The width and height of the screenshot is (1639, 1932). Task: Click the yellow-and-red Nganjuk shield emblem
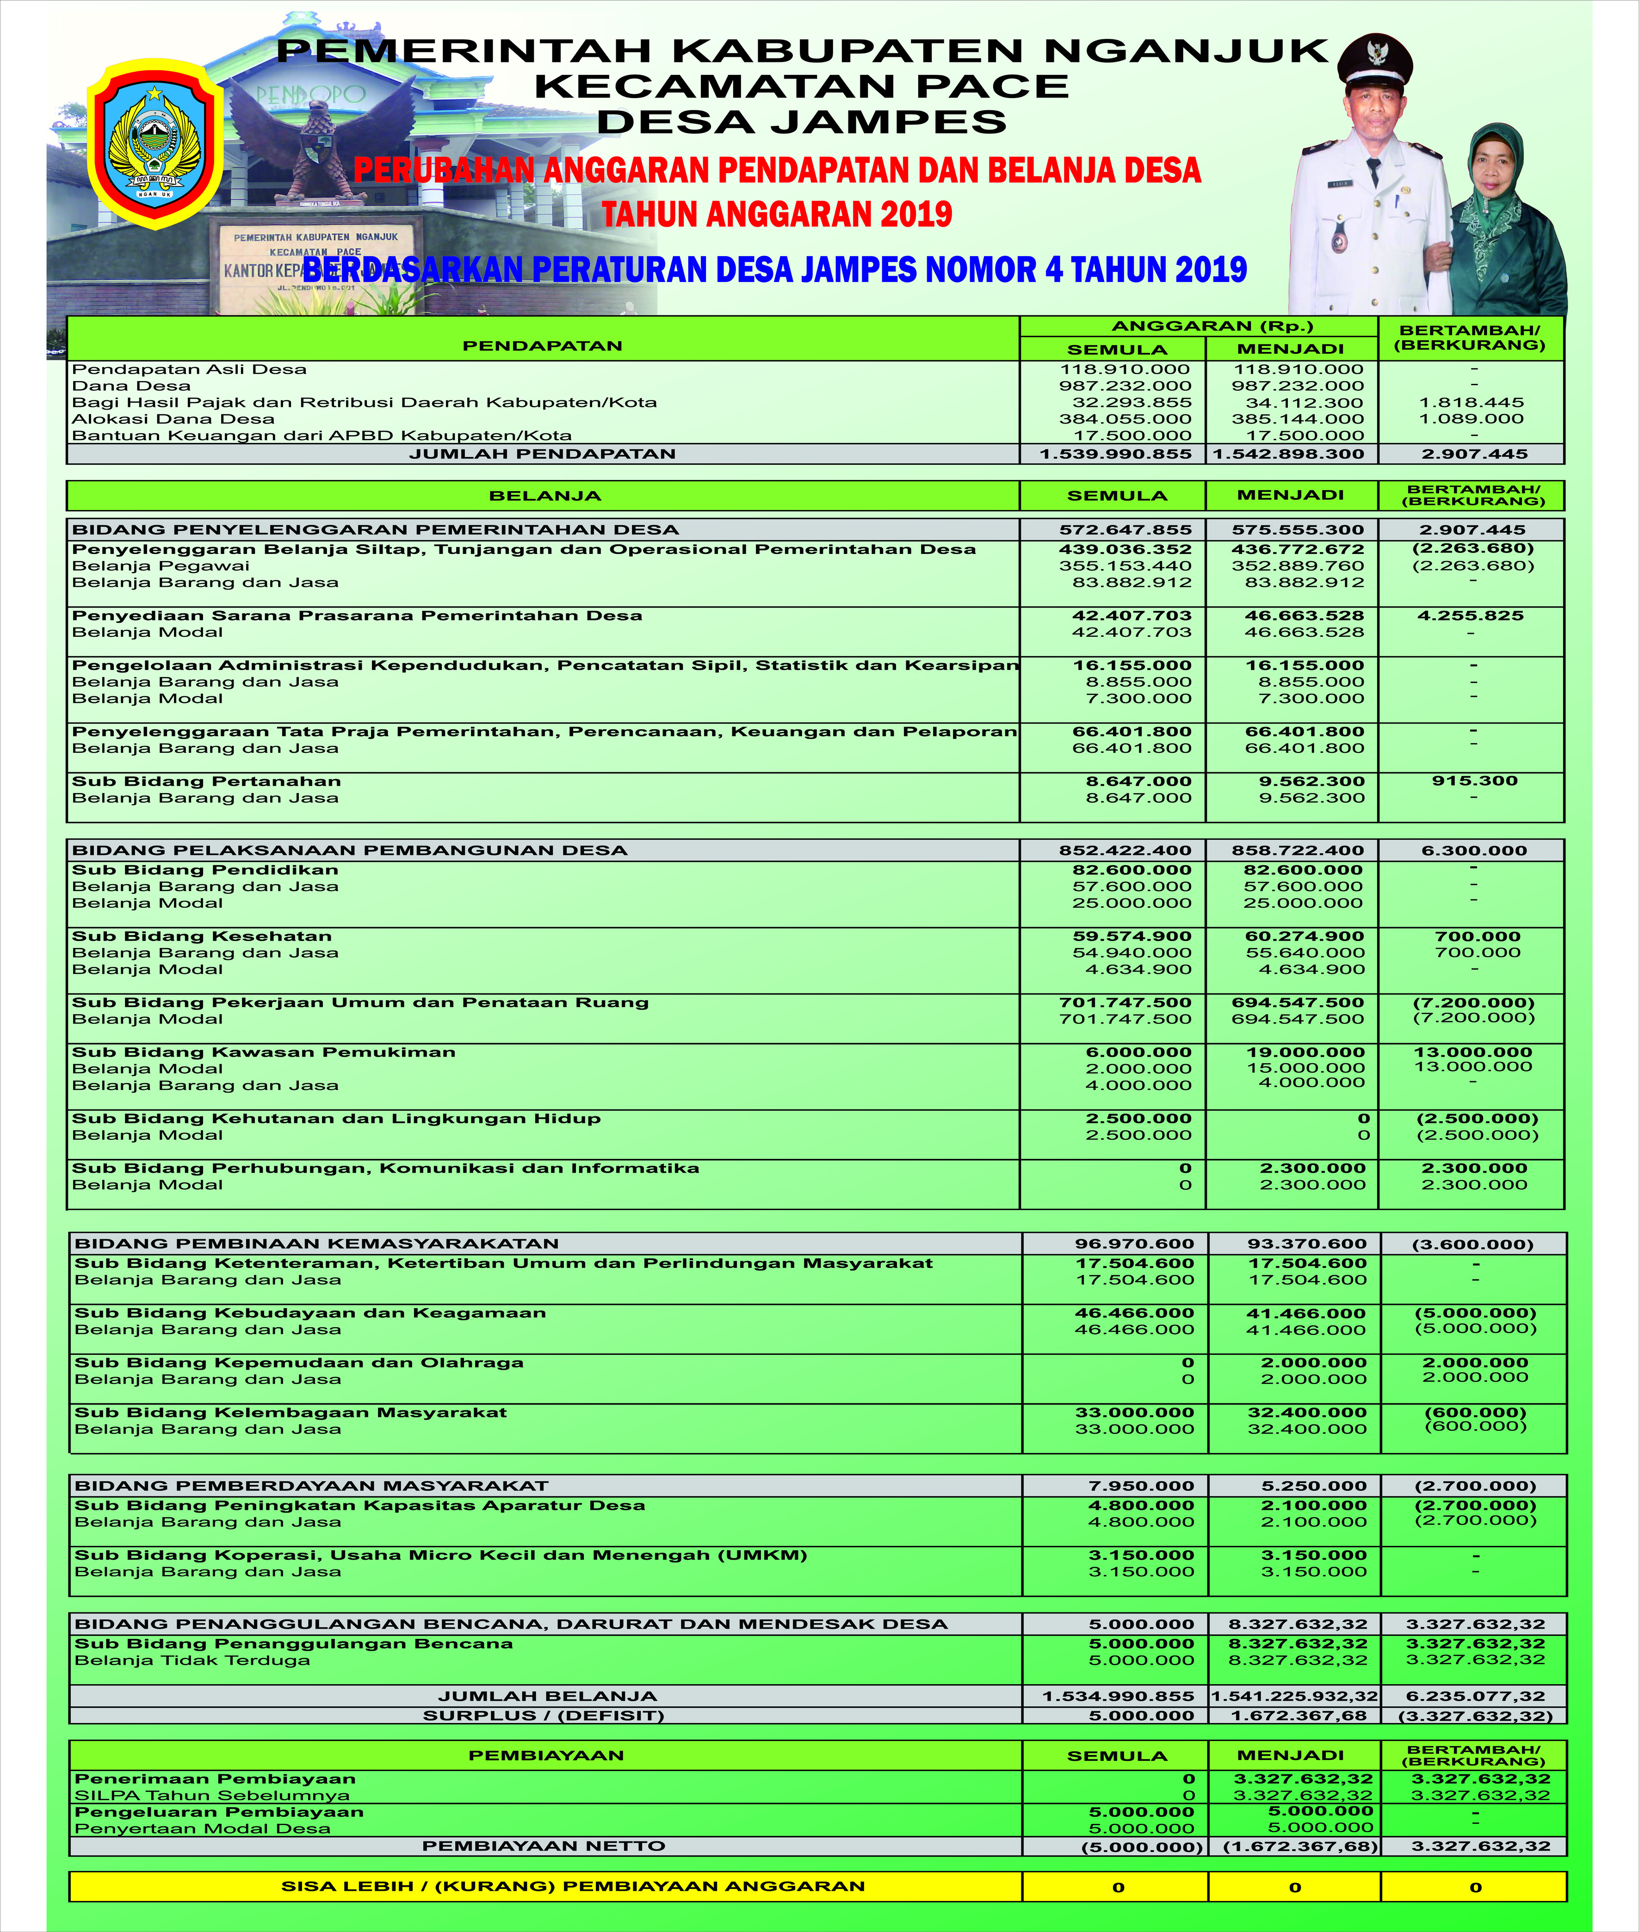[x=155, y=144]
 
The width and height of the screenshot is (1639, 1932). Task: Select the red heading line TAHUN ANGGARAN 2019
[x=777, y=215]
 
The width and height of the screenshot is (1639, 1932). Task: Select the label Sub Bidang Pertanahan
[x=206, y=781]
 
